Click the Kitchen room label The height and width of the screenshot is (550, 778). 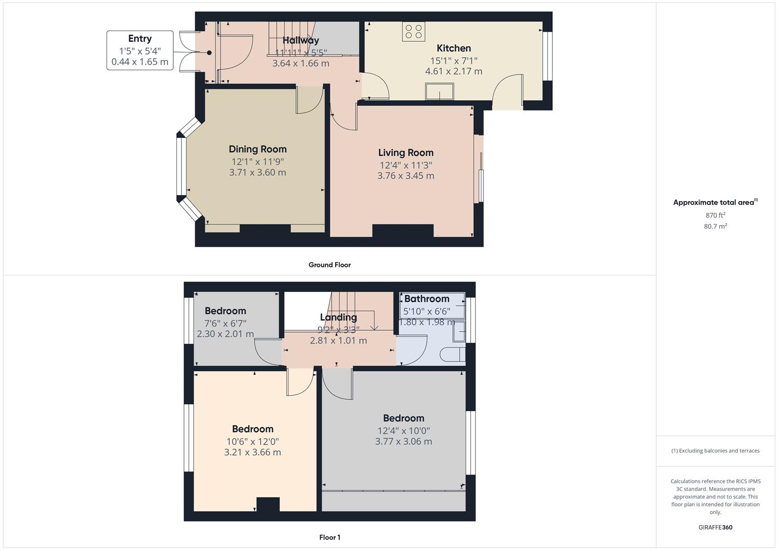[x=453, y=48]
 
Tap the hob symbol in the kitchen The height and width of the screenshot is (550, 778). [x=414, y=31]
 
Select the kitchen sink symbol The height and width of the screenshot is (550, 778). [x=439, y=92]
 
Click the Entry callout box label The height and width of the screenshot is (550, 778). [x=140, y=39]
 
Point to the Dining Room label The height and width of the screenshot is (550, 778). [x=257, y=149]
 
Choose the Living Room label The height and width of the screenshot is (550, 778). [x=406, y=153]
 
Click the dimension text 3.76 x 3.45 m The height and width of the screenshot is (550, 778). [x=406, y=176]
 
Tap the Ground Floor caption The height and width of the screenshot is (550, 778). [x=329, y=265]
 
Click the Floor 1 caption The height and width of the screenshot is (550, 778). [x=329, y=537]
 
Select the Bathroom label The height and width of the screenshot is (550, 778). [x=426, y=299]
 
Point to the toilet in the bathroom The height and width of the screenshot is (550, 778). [x=452, y=354]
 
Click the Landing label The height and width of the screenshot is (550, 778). [x=338, y=317]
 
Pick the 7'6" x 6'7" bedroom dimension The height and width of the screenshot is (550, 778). [x=225, y=323]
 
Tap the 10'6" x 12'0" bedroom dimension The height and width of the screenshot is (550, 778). [x=253, y=442]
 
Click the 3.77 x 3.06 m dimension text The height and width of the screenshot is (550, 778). [x=404, y=442]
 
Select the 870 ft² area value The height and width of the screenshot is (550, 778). [x=715, y=215]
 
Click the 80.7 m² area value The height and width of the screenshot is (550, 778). [x=715, y=227]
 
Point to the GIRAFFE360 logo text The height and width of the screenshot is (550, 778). [x=715, y=527]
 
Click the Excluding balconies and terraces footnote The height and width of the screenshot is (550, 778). [x=715, y=451]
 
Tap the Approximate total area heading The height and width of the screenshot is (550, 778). [x=714, y=203]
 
